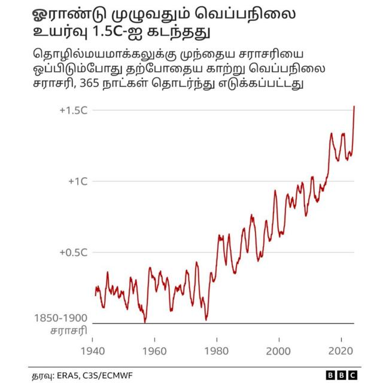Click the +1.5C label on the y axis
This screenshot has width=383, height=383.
tap(74, 111)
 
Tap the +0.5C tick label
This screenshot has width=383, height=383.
tap(74, 253)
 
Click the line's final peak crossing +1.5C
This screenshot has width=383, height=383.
tap(354, 106)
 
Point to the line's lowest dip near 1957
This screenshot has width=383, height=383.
tap(145, 322)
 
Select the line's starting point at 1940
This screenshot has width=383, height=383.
tap(95, 293)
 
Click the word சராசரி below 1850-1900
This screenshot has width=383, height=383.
tap(68, 331)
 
